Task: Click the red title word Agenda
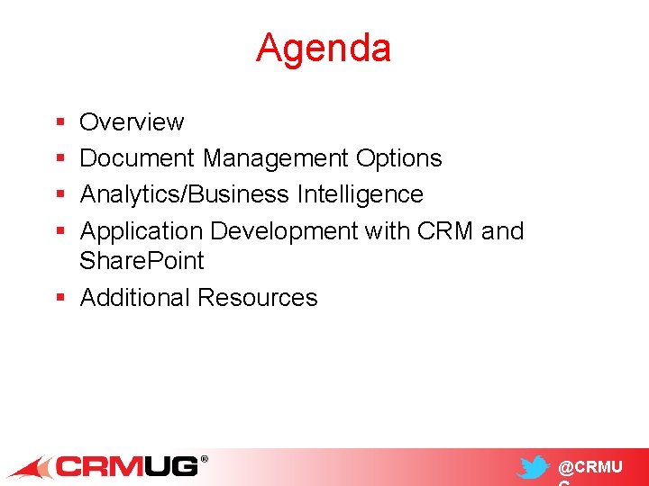[324, 48]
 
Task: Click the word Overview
[132, 121]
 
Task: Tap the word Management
[275, 158]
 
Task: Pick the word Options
[398, 158]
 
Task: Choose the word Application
[142, 231]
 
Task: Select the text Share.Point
[142, 261]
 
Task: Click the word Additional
[135, 298]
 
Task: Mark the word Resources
[258, 298]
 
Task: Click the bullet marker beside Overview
[59, 122]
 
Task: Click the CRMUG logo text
[129, 466]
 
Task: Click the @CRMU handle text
[590, 467]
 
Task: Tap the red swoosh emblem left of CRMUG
[30, 467]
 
